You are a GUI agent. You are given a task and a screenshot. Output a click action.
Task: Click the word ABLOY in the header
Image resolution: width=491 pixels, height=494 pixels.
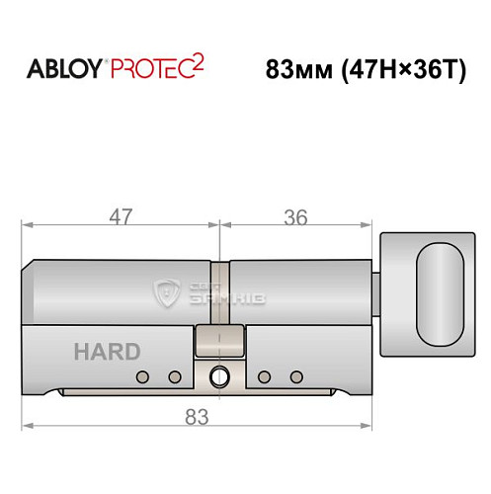[64, 70]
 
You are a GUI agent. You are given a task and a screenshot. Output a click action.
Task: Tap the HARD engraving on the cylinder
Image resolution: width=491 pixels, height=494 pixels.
[106, 351]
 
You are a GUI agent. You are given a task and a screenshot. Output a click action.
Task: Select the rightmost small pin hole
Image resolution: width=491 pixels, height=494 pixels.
[294, 376]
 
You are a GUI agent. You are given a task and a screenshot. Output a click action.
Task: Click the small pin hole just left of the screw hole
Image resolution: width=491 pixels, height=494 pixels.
[175, 376]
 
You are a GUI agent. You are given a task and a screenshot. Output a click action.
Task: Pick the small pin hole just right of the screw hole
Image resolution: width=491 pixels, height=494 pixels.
[264, 376]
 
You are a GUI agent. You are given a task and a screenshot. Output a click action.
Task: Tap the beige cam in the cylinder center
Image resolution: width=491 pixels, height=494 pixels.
[218, 341]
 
